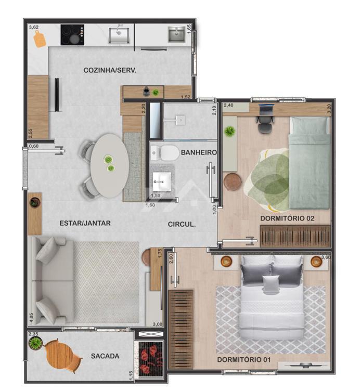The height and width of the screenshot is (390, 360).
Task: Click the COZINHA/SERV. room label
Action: tap(110, 70)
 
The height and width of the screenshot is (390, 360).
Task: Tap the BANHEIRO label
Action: tap(199, 152)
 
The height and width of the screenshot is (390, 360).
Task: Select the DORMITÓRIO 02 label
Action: tap(287, 218)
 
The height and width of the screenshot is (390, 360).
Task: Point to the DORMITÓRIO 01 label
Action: tap(244, 359)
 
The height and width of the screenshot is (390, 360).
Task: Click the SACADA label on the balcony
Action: tap(105, 356)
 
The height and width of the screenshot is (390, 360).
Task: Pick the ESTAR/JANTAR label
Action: tap(85, 223)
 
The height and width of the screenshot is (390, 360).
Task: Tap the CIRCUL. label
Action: tap(182, 224)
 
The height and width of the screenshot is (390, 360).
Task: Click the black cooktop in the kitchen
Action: tap(72, 35)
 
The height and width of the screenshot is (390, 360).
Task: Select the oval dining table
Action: tap(109, 166)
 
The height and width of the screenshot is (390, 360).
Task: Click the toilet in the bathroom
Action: tap(165, 153)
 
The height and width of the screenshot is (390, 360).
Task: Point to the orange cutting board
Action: tap(40, 39)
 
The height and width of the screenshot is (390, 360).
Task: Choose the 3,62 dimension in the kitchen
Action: tap(34, 28)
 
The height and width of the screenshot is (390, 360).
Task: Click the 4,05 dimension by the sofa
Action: tap(31, 318)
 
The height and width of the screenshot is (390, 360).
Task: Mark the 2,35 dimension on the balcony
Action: tap(33, 334)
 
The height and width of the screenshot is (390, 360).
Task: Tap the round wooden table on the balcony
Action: tap(60, 355)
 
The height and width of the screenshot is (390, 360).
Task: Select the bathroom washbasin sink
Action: tap(162, 181)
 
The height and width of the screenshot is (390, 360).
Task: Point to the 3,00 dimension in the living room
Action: tap(158, 324)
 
